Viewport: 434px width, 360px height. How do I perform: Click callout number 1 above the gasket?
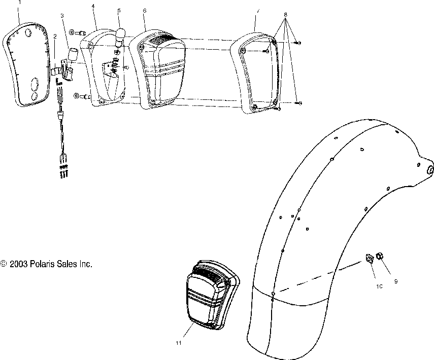(20, 3)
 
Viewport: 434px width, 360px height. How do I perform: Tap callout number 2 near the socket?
(54, 37)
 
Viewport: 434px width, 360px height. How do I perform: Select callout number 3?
(62, 16)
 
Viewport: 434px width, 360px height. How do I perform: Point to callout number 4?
(93, 6)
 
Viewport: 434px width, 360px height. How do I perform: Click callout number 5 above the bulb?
(119, 11)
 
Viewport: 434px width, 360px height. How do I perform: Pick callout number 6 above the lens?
(145, 11)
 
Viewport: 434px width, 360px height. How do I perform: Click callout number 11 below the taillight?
(178, 343)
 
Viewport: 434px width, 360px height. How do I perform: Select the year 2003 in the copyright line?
(18, 264)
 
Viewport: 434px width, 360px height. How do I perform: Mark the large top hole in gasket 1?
(27, 34)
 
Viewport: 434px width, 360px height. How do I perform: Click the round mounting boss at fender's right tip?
(429, 170)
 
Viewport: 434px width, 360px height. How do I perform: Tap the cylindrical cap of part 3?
(74, 52)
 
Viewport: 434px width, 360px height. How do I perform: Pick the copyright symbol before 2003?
(4, 264)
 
